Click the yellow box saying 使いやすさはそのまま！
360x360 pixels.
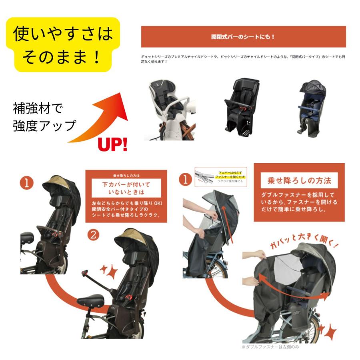click(x=62, y=45)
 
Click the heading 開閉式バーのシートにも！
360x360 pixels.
click(x=243, y=37)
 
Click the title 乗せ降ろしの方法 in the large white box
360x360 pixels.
click(x=299, y=180)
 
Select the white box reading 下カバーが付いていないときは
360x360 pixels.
click(x=126, y=188)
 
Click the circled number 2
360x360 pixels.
click(x=93, y=235)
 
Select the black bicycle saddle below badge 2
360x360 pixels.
click(x=90, y=300)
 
